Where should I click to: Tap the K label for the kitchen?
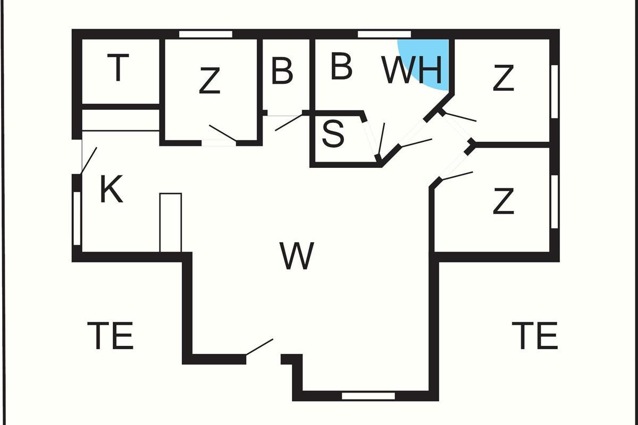(x=111, y=190)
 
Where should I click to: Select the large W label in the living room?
(x=297, y=256)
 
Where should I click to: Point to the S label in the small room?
(x=333, y=134)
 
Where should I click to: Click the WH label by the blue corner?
(x=412, y=70)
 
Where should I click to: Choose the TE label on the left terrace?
(x=110, y=335)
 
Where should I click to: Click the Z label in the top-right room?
(x=503, y=78)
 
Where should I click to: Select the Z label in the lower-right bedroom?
(x=503, y=202)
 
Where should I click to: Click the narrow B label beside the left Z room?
(x=282, y=71)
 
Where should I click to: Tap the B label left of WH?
(x=341, y=66)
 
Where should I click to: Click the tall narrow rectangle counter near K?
(x=171, y=223)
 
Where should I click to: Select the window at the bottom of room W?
(x=368, y=396)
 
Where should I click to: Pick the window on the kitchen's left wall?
(x=77, y=218)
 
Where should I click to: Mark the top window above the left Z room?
(x=206, y=35)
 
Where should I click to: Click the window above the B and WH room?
(x=384, y=35)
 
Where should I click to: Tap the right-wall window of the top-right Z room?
(x=555, y=91)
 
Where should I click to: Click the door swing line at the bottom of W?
(x=259, y=347)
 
